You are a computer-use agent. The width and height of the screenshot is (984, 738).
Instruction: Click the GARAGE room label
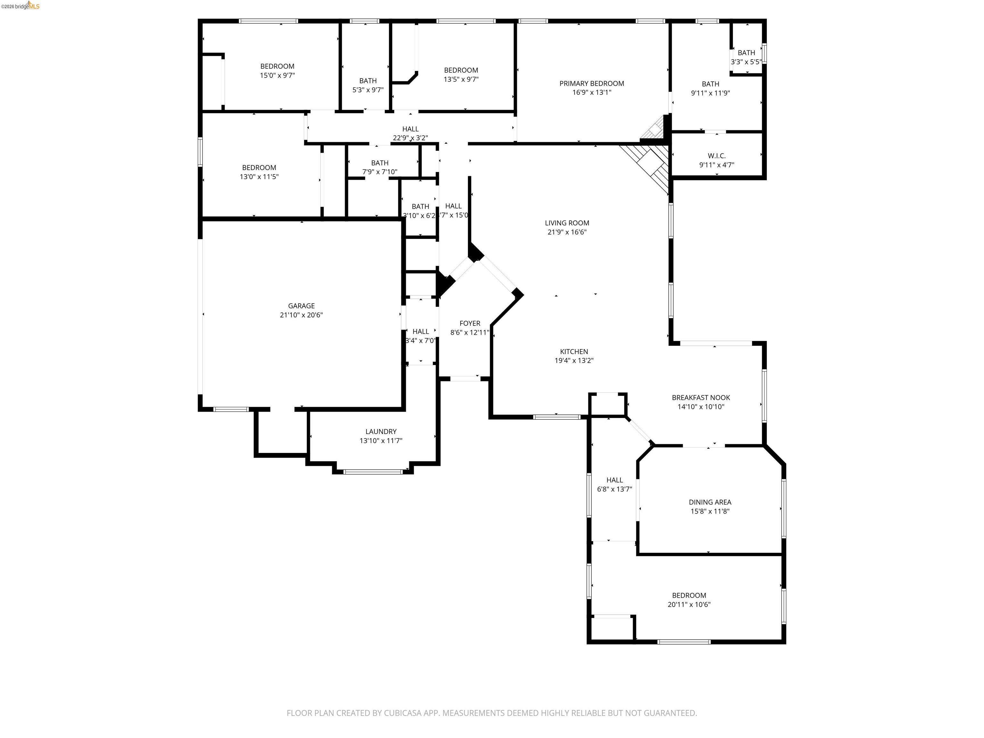pos(301,306)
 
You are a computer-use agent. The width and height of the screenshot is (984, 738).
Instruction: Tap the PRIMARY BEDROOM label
pos(591,83)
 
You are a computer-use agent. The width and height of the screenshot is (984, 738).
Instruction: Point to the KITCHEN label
pos(574,351)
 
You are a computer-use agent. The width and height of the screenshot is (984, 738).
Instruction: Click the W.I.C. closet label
pos(717,156)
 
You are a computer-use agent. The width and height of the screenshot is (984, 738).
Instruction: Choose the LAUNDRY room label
pos(381,431)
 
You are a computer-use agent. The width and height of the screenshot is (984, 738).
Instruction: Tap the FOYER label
pos(470,324)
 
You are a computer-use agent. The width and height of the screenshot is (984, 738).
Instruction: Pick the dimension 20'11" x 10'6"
pos(689,604)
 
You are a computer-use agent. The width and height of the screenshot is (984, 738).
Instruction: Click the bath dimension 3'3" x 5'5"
pos(746,62)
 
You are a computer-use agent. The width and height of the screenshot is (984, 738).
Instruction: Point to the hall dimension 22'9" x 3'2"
pos(410,138)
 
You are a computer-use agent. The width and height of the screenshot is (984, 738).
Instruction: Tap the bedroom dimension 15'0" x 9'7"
pos(277,76)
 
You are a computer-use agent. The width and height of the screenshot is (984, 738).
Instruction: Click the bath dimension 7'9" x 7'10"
pos(380,172)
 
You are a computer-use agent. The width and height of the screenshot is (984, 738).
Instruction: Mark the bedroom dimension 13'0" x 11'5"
pos(259,176)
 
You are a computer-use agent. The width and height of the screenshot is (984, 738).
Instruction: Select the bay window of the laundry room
pos(373,471)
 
